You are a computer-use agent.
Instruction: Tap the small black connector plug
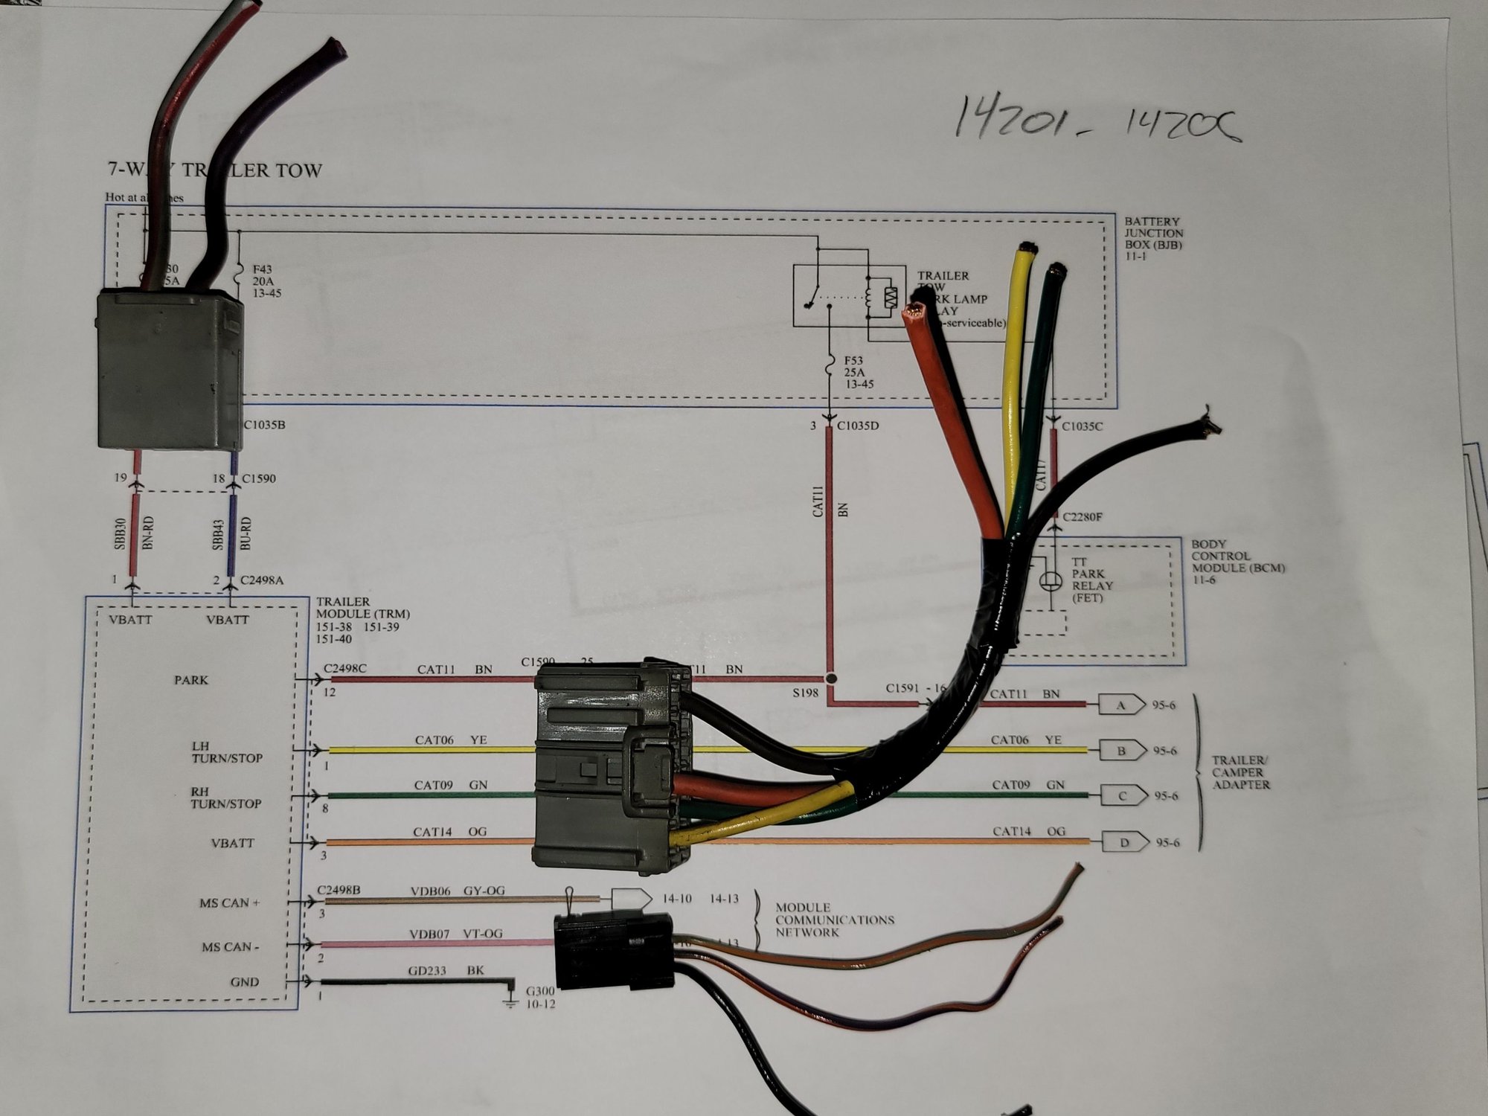pyautogui.click(x=614, y=952)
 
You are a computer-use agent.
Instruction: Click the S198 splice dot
pyautogui.click(x=831, y=679)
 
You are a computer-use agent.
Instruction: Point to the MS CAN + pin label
pyautogui.click(x=229, y=902)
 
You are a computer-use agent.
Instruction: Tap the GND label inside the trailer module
pyautogui.click(x=244, y=981)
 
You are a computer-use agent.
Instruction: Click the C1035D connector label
pyautogui.click(x=857, y=426)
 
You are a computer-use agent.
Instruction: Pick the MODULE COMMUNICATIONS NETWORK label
pyautogui.click(x=833, y=920)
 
